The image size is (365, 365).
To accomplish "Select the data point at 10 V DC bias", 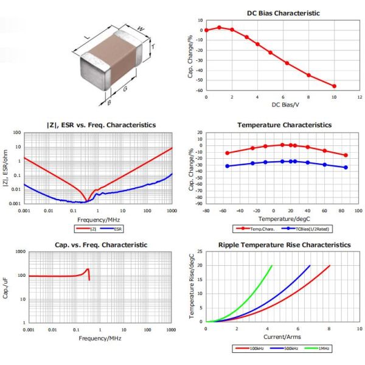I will pyautogui.click(x=334, y=86).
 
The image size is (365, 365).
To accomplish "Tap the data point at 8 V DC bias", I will pyautogui.click(x=308, y=75).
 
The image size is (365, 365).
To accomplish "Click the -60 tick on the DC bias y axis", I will pyautogui.click(x=200, y=90).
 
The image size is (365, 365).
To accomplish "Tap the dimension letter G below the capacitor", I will pyautogui.click(x=125, y=89).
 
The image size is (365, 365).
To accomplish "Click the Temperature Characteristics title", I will pyautogui.click(x=284, y=124).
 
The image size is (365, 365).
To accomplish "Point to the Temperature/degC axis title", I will pyautogui.click(x=283, y=217).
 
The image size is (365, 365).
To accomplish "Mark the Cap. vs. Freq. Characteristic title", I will pyautogui.click(x=100, y=244).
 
